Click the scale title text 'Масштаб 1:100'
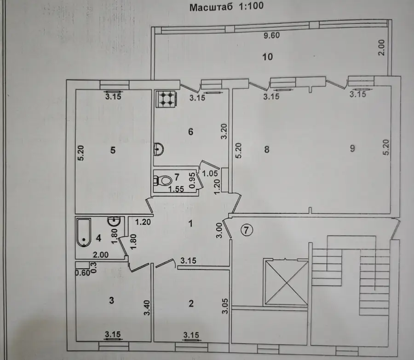[x=226, y=6]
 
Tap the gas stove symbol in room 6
[x=166, y=99]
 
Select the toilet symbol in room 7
[x=162, y=180]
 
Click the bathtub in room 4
[x=84, y=232]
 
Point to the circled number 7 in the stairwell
[x=247, y=230]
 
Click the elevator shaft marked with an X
[x=287, y=283]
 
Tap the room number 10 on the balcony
[x=267, y=57]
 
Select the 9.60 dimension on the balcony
[x=272, y=35]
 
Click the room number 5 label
[x=113, y=150]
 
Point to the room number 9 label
[x=352, y=148]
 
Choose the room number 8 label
[x=267, y=149]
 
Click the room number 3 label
[x=111, y=300]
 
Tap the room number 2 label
[x=191, y=303]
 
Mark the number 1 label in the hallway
[x=190, y=224]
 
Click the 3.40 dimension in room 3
[x=147, y=308]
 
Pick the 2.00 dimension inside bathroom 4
[x=100, y=255]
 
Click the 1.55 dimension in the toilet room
[x=176, y=189]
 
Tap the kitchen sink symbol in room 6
[x=159, y=149]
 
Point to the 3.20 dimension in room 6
[x=224, y=131]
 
